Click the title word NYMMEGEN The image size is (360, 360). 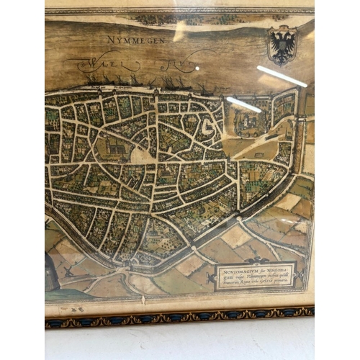[x=136, y=40]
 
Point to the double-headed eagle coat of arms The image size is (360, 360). [x=282, y=45]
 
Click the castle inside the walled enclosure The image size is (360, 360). [x=250, y=121]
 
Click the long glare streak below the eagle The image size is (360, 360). [x=282, y=76]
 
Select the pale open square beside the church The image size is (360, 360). [x=140, y=156]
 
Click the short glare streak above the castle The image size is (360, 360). [x=244, y=104]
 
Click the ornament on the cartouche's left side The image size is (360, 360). [x=217, y=276]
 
